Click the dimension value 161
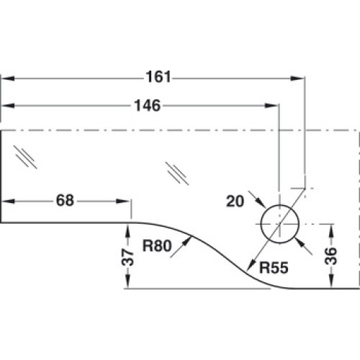158,77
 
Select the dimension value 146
147,105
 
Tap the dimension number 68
65,200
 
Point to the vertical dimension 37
127,257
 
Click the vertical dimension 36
330,256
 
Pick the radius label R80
157,246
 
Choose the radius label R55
274,267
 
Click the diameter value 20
235,201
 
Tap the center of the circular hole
279,224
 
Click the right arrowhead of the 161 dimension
297,78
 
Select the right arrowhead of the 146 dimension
271,106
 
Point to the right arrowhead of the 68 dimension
123,201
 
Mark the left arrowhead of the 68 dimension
8,201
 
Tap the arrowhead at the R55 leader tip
251,266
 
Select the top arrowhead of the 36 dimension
331,231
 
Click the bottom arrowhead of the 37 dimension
127,281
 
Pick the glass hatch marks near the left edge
25,157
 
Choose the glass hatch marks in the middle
177,174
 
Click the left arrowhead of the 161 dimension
8,78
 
